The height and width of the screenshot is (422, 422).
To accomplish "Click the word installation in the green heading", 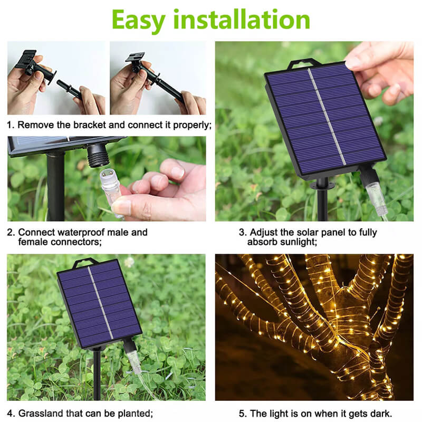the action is pyautogui.click(x=242, y=19).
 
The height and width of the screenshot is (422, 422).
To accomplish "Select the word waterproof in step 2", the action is pyautogui.click(x=93, y=232).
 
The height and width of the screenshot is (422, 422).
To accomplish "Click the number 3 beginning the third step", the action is pyautogui.click(x=242, y=232).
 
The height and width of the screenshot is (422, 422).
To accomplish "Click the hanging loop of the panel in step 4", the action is pyautogui.click(x=84, y=263).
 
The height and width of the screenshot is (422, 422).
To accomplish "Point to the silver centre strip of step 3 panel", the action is pyautogui.click(x=327, y=117).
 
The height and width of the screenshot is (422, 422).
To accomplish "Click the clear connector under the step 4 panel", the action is pyautogui.click(x=134, y=361).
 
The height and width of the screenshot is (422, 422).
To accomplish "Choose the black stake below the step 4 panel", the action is pyautogui.click(x=97, y=373).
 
